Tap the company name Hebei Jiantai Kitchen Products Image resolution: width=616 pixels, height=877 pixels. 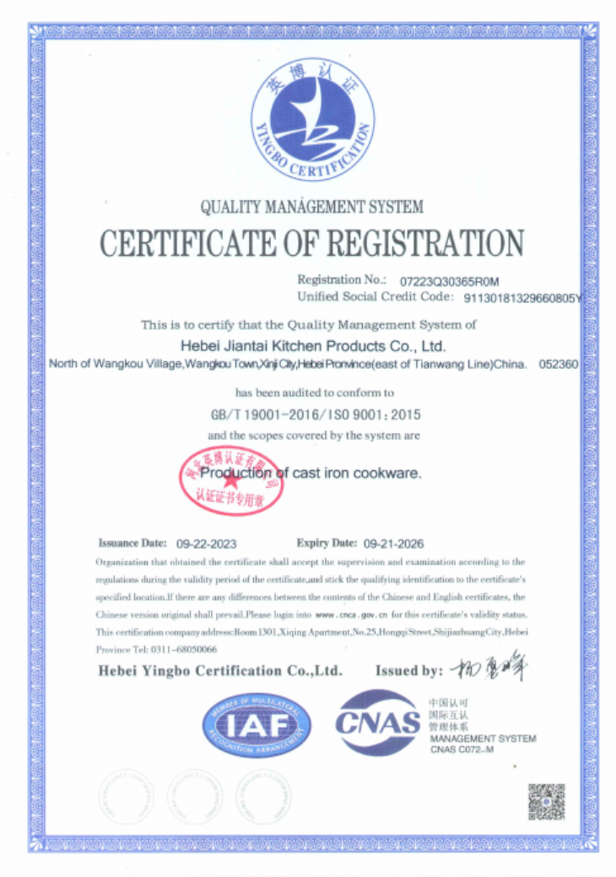click(x=313, y=345)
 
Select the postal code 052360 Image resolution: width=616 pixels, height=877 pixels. click(x=558, y=365)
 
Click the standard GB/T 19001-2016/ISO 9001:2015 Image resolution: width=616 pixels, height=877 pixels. click(x=314, y=415)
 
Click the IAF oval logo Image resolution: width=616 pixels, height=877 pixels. click(x=257, y=723)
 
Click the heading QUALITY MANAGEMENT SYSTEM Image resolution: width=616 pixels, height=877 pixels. click(x=311, y=206)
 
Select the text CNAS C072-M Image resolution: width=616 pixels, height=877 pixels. click(x=462, y=750)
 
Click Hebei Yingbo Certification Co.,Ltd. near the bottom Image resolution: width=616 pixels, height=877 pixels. click(x=220, y=671)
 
